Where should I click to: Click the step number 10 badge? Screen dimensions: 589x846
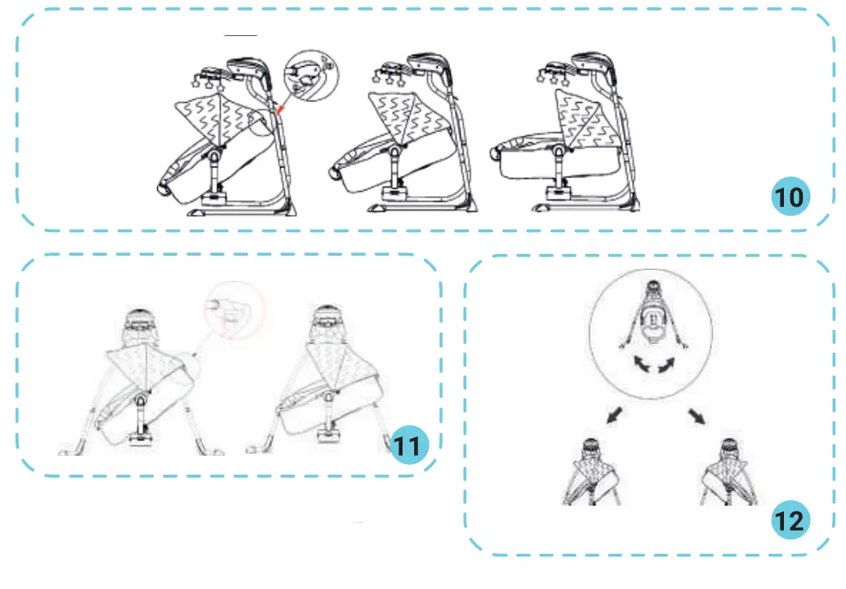click(x=790, y=197)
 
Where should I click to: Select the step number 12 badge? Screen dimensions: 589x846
click(x=790, y=520)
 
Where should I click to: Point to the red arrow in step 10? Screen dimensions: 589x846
click(x=279, y=108)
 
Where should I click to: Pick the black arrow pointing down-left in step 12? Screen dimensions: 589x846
click(x=613, y=417)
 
